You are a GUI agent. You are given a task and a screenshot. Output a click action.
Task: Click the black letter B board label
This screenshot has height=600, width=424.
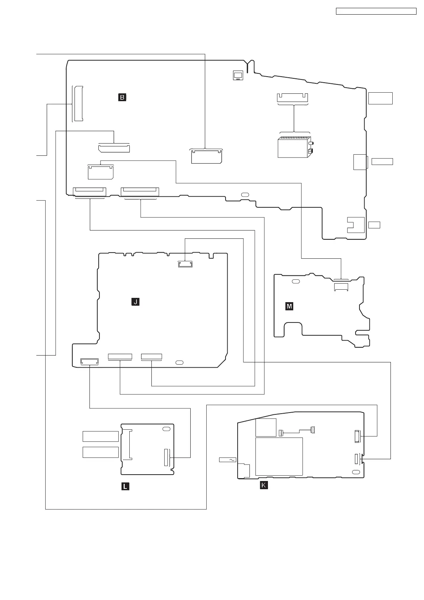[122, 97]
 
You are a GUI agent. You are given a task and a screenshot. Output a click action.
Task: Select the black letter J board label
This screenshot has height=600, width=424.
[135, 302]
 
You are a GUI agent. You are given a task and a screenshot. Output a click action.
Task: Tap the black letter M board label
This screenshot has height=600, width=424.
[289, 306]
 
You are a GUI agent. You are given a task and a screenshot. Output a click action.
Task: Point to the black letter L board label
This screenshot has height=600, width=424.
[125, 486]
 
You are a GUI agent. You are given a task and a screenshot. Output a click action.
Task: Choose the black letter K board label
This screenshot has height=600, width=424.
[264, 485]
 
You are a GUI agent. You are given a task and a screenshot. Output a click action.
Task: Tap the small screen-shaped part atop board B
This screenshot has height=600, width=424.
[238, 75]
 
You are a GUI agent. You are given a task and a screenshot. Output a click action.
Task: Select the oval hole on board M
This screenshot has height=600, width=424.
[295, 282]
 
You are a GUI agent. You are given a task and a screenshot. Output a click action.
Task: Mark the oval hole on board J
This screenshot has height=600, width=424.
[180, 362]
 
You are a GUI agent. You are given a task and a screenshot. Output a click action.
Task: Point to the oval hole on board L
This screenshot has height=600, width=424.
[166, 429]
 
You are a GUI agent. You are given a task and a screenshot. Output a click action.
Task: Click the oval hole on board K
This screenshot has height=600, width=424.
[355, 472]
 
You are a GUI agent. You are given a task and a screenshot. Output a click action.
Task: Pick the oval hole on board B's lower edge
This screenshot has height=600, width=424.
[245, 195]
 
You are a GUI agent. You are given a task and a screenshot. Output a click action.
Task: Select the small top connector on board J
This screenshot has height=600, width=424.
[185, 264]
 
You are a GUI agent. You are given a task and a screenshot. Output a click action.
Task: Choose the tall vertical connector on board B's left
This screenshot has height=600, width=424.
[78, 103]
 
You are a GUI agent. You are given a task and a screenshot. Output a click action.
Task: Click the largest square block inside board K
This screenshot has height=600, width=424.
[279, 456]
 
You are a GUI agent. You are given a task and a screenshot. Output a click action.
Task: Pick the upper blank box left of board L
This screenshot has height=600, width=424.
[100, 436]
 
